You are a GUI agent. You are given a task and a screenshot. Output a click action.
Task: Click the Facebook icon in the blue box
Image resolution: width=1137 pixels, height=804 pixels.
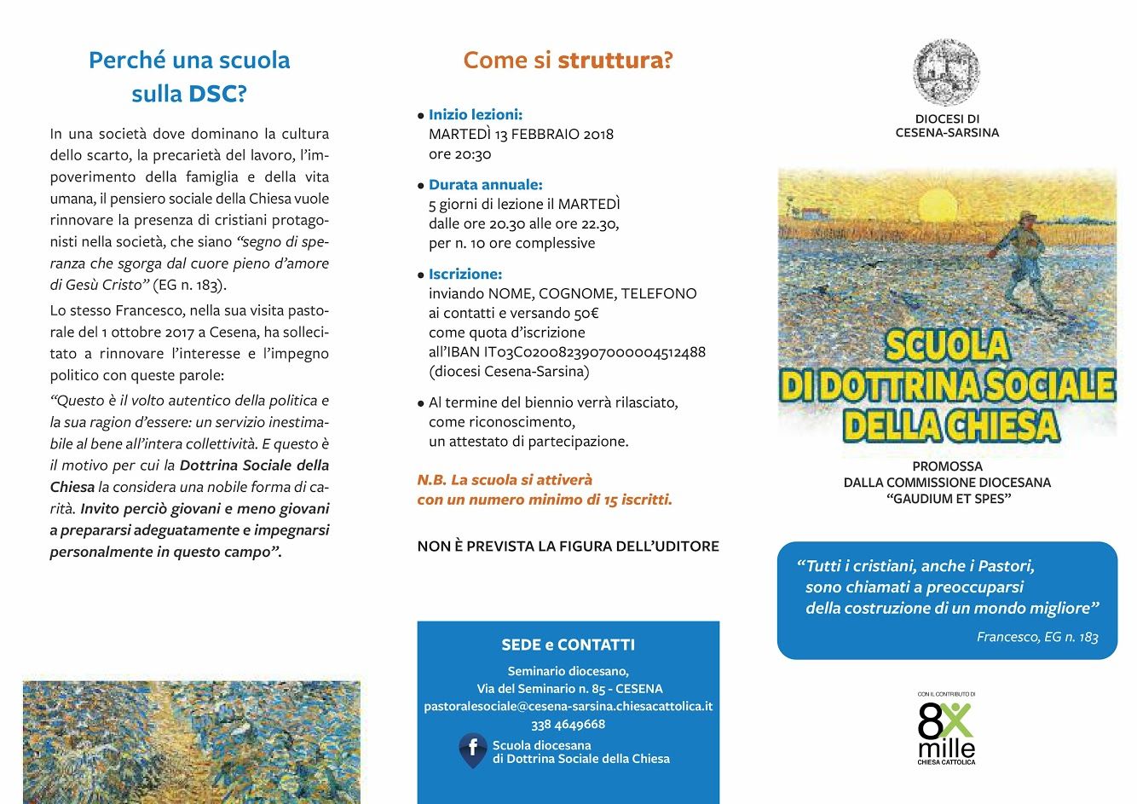point(473,749)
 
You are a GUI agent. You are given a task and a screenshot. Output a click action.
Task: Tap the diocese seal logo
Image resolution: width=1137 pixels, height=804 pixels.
point(946,72)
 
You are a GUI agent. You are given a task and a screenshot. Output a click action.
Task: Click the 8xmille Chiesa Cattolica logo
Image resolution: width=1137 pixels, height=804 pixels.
point(946,729)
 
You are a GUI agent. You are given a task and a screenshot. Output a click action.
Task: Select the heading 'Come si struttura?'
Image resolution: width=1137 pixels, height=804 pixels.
point(568,61)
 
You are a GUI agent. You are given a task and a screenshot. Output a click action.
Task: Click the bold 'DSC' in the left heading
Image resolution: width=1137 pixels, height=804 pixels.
point(212,94)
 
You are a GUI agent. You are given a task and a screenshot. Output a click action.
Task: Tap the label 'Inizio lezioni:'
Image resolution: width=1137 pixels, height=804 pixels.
point(476,114)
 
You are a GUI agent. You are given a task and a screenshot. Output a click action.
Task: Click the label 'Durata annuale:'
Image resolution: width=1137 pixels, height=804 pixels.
point(485,184)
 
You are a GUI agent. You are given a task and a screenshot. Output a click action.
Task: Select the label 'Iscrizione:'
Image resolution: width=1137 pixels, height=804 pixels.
point(465,274)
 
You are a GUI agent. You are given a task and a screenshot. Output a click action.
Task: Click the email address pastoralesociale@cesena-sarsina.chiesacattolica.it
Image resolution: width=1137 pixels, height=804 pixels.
point(568,706)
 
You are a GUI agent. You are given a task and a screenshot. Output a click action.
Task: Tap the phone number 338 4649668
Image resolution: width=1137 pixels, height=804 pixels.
point(568,724)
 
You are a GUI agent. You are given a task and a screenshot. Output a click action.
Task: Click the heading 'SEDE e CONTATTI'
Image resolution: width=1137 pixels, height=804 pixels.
point(568,645)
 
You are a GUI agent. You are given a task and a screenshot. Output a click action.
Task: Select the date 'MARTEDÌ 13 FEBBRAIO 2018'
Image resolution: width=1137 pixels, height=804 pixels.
point(521,134)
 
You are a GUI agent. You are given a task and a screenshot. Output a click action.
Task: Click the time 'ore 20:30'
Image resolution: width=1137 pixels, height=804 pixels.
point(460,154)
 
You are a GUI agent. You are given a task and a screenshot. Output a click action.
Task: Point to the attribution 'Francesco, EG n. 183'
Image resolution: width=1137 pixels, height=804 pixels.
point(1037,637)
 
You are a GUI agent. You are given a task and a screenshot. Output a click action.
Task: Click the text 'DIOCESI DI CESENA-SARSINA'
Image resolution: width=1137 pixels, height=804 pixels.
point(947,125)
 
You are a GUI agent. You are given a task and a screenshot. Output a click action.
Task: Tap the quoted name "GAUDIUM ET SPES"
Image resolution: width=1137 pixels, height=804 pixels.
point(947,498)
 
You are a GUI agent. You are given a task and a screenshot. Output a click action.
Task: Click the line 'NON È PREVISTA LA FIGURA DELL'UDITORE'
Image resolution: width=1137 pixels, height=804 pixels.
point(568,546)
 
